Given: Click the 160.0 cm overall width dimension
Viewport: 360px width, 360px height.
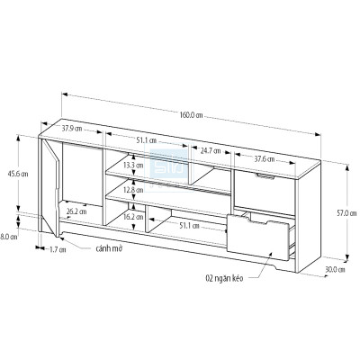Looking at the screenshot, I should pos(190,114).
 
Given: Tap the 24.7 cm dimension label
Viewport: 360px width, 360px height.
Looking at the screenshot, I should pos(212,149).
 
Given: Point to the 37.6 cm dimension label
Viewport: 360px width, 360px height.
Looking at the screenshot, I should pos(265,158).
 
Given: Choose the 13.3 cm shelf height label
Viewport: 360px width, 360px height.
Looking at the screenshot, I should pos(133,166).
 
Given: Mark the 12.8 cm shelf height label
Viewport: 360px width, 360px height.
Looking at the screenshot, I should pos(133,191).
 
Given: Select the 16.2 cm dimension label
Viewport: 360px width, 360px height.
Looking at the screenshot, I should pos(133,217).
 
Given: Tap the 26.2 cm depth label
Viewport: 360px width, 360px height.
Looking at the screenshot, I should pos(76,212).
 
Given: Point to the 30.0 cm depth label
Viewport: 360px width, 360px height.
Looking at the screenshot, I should pos(335,268).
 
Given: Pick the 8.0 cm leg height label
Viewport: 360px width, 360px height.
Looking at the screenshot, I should pos(9,237).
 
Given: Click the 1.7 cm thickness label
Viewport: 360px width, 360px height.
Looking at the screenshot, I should pos(58,249).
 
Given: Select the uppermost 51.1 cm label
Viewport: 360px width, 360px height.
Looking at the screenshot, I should pos(147,140).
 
